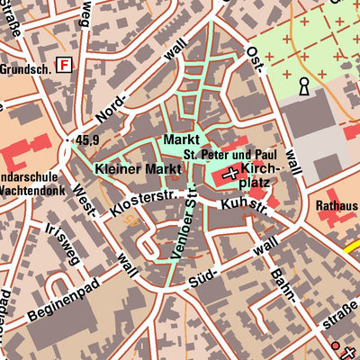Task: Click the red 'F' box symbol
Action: coord(64,64)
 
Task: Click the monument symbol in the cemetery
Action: coord(304,86)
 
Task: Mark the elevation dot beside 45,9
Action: coord(71,139)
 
